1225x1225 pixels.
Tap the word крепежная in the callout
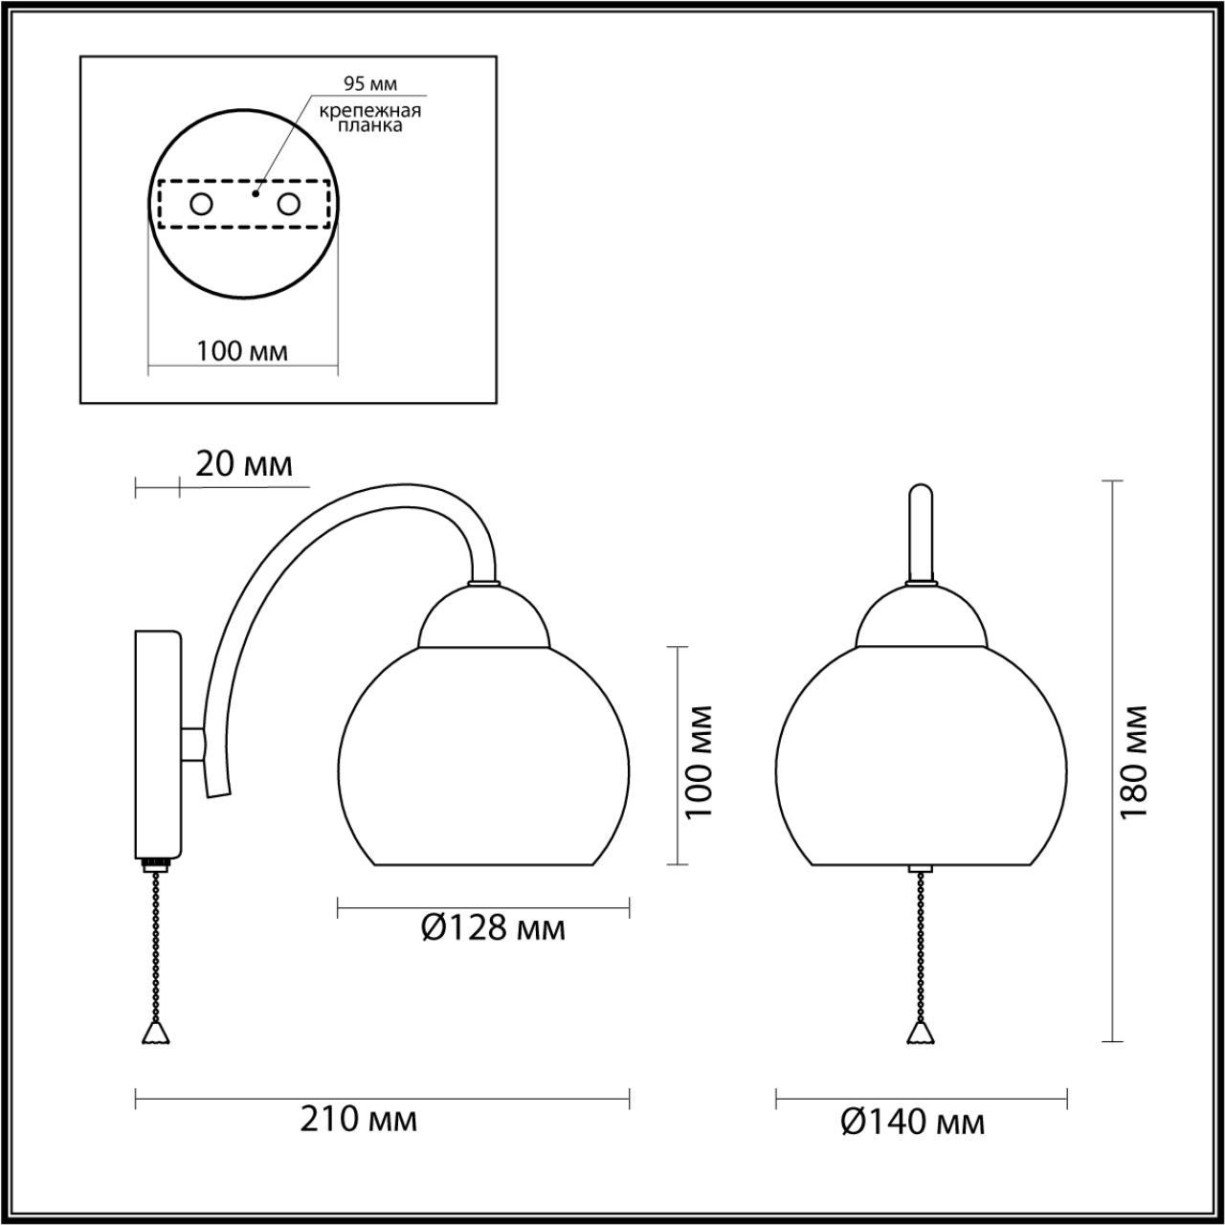pyautogui.click(x=370, y=110)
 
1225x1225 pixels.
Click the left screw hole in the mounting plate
pyautogui.click(x=202, y=204)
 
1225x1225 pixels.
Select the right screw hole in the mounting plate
pyautogui.click(x=289, y=204)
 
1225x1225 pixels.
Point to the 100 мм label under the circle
pyautogui.click(x=242, y=351)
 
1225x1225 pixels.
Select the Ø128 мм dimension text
pyautogui.click(x=493, y=926)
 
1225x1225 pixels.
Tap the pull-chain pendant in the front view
pyautogui.click(x=920, y=1032)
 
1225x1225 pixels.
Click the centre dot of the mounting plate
pyautogui.click(x=255, y=192)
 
